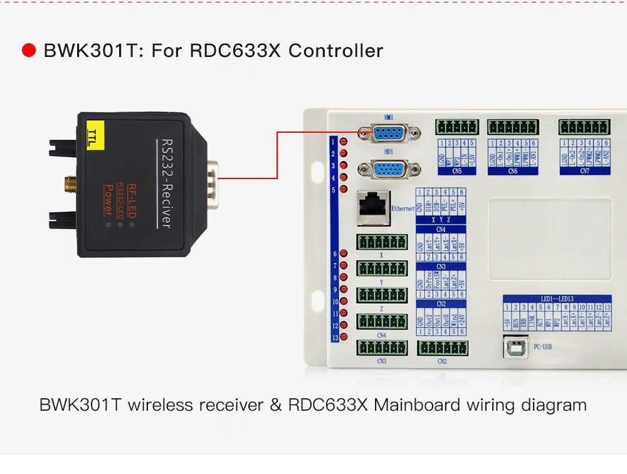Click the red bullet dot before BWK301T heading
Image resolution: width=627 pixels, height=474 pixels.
coord(29,51)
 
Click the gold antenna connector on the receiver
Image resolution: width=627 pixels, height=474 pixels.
coord(68,183)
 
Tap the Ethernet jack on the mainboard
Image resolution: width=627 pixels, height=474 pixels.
coord(372,207)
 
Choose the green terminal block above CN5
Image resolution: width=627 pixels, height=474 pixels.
coord(456,127)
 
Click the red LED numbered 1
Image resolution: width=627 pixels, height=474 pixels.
coord(344,142)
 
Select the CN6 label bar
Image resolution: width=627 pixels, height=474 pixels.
coord(512,171)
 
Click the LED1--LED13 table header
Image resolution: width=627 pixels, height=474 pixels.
coord(557,299)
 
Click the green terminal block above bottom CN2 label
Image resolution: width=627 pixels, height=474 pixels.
coord(443,348)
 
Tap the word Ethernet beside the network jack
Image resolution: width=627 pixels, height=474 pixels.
coord(403,209)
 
